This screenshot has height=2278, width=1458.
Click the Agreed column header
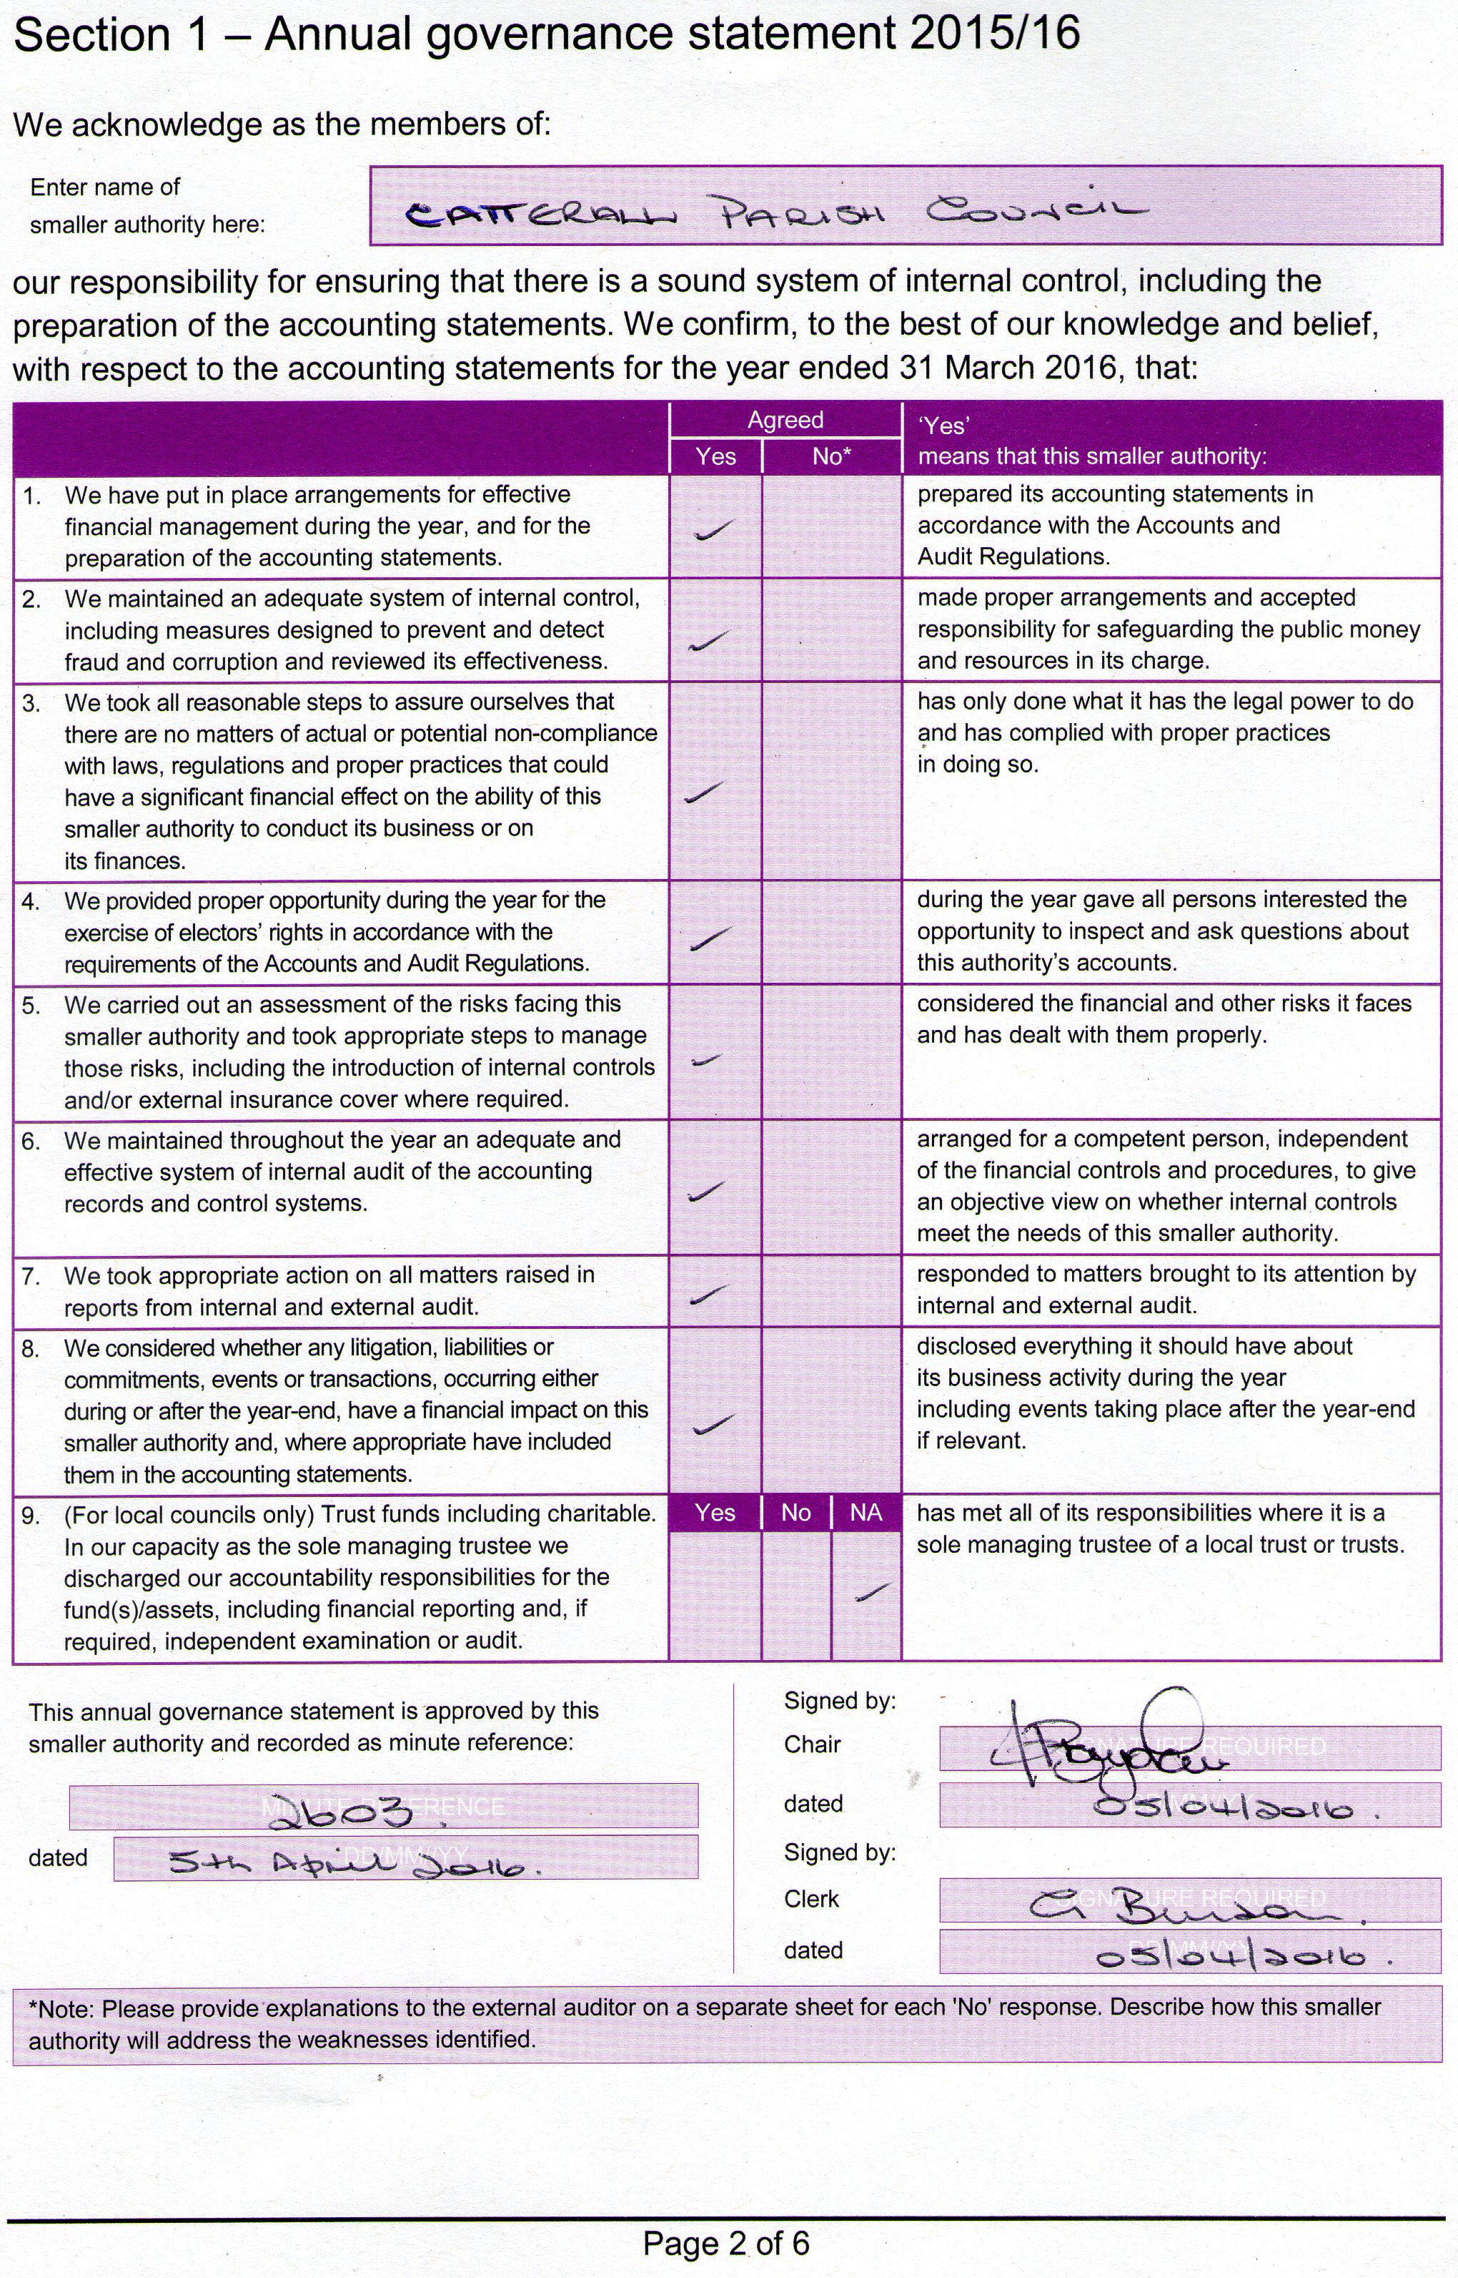pyautogui.click(x=785, y=420)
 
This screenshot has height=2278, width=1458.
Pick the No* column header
pyautogui.click(x=831, y=456)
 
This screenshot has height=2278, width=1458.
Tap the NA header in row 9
pyautogui.click(x=866, y=1513)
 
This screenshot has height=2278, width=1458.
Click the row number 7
pyautogui.click(x=31, y=1277)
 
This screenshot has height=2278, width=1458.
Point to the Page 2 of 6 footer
pyautogui.click(x=726, y=2243)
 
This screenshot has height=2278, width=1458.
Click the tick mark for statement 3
pyautogui.click(x=703, y=792)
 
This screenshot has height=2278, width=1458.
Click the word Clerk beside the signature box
pyautogui.click(x=811, y=1898)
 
